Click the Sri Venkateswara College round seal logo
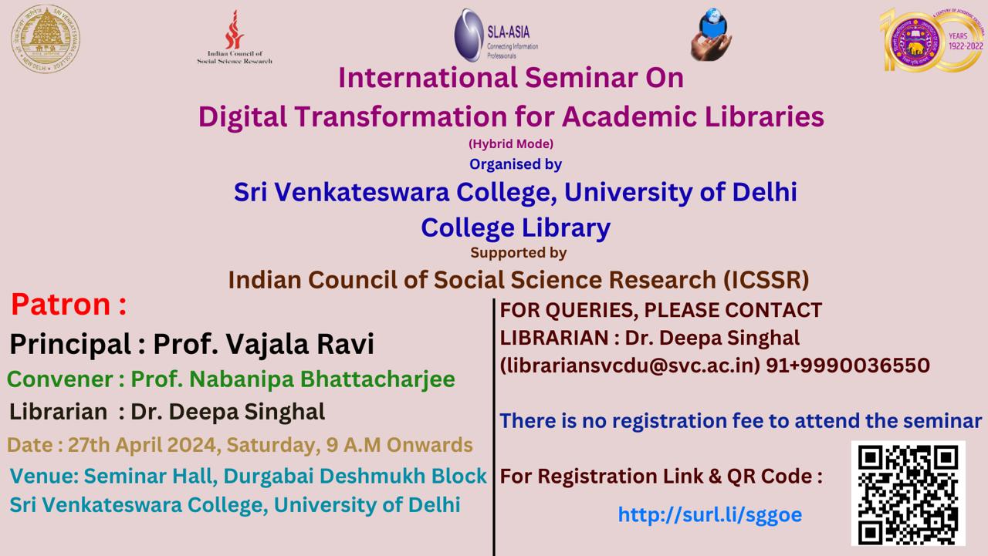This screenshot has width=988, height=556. tap(46, 39)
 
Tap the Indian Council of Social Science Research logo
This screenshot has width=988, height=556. tap(234, 38)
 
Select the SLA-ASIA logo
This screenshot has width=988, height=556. tap(496, 35)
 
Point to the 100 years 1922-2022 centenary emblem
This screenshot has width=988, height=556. tap(932, 39)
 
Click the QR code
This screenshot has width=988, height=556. tap(908, 494)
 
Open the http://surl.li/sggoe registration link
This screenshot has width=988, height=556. tap(709, 514)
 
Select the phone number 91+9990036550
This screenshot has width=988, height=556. tap(848, 366)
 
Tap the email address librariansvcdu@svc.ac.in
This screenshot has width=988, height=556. tap(630, 366)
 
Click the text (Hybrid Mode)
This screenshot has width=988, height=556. tap(511, 143)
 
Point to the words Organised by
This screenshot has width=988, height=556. tap(515, 164)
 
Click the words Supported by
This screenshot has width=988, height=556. tap(518, 252)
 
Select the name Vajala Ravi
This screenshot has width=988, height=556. tap(300, 344)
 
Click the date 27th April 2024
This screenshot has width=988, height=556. tap(144, 445)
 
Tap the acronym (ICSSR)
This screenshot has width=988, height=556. tap(766, 280)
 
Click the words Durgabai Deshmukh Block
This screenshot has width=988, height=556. tap(355, 476)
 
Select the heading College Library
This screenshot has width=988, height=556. tap(516, 227)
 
